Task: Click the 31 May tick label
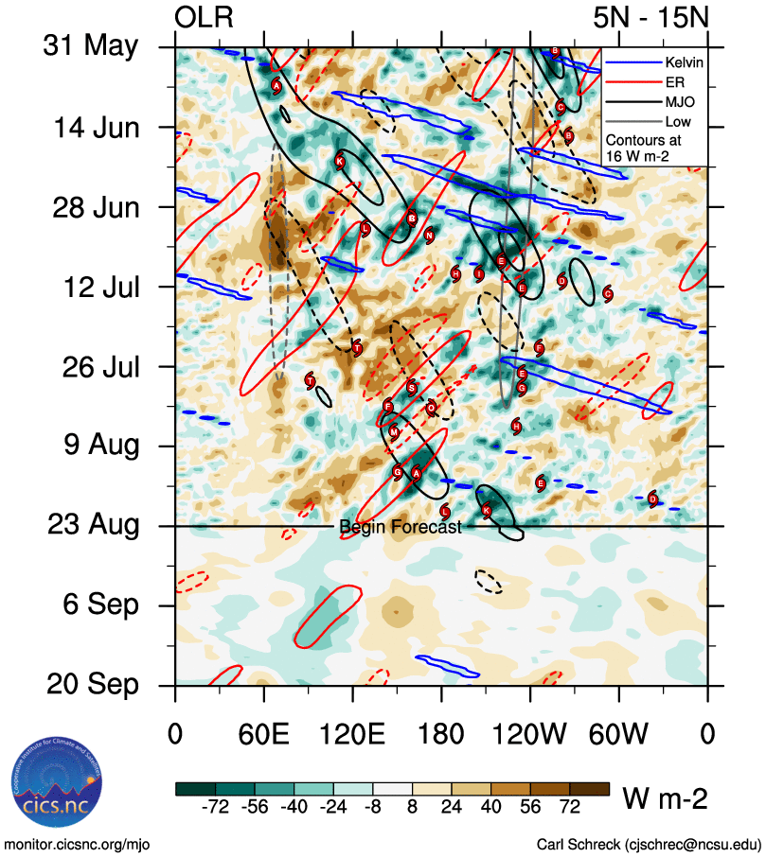91,47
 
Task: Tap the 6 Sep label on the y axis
99,604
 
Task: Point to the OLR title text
205,17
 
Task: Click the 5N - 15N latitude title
650,17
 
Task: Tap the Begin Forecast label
401,527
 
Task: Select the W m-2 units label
665,798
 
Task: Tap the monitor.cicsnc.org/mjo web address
78,844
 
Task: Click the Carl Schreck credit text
649,844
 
